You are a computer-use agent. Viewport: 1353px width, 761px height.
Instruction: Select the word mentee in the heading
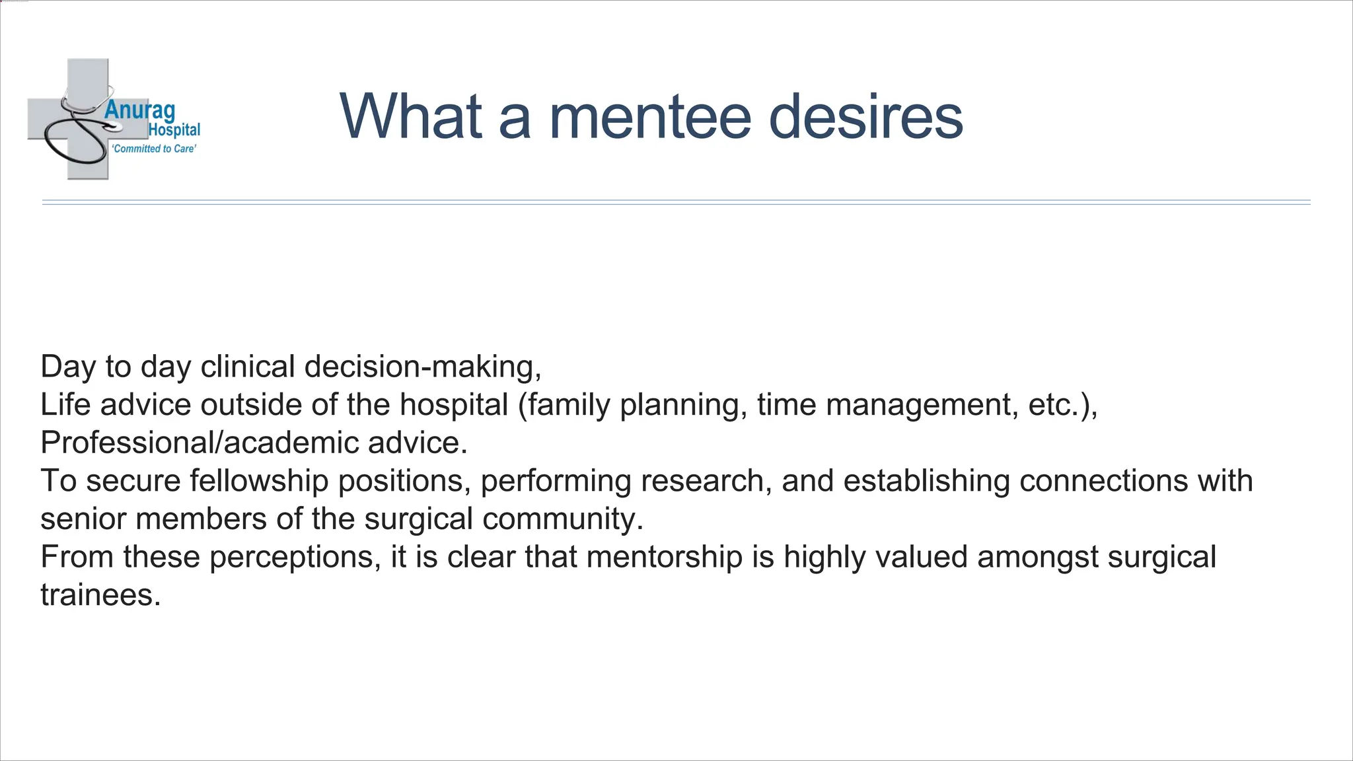pos(650,116)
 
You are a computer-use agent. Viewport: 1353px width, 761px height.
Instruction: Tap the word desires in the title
pos(866,116)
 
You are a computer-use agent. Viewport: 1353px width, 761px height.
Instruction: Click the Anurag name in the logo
pos(139,110)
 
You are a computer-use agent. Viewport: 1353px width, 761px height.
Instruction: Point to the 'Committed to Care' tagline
pos(155,149)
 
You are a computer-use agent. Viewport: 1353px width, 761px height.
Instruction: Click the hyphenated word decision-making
pos(423,367)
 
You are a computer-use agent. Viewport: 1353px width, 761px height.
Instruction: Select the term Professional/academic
pos(199,443)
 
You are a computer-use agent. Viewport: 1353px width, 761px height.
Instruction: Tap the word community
pos(563,519)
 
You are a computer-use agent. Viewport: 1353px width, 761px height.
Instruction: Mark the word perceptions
pos(295,557)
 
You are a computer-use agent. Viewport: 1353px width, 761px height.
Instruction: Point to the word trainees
pos(100,595)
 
